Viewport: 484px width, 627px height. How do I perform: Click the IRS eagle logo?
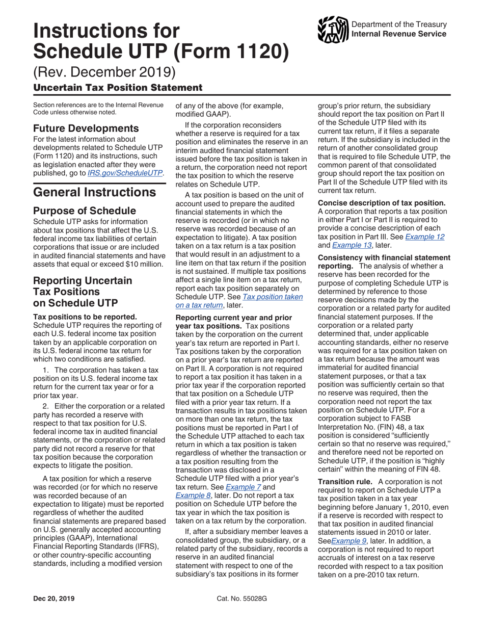tap(333, 29)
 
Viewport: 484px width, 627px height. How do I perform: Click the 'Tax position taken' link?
tap(273, 297)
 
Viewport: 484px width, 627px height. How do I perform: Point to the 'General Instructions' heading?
tap(94, 192)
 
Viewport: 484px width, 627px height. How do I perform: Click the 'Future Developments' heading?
tap(86, 128)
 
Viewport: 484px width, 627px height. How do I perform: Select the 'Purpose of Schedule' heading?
tap(84, 211)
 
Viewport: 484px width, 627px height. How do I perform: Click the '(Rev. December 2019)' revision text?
tap(104, 71)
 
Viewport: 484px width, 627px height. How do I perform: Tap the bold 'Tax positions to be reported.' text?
tap(85, 317)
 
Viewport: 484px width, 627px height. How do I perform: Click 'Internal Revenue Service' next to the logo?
tap(399, 34)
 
